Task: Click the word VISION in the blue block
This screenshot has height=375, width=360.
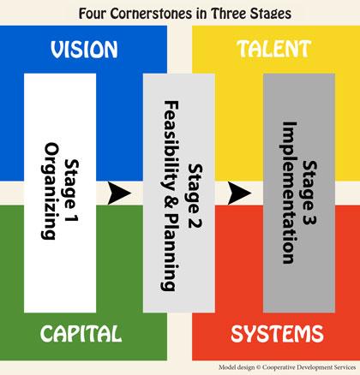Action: tap(84, 50)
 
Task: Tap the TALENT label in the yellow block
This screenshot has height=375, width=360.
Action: tap(273, 49)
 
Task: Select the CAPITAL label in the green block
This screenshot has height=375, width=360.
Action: tap(81, 333)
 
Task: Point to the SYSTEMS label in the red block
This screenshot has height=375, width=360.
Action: tap(277, 334)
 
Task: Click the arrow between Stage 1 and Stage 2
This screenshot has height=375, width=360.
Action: tap(119, 193)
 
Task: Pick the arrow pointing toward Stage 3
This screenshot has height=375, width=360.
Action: tap(239, 193)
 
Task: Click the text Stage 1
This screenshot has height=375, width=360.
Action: tap(71, 191)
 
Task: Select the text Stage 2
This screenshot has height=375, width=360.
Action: tap(195, 195)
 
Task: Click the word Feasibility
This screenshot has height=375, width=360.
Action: tap(171, 146)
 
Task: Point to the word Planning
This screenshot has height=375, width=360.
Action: tap(170, 256)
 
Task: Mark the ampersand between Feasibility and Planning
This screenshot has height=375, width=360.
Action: tap(171, 206)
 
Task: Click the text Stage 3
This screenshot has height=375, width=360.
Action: tap(309, 193)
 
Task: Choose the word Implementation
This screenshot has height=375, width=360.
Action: tap(289, 193)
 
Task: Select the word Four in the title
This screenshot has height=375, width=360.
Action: tap(93, 14)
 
